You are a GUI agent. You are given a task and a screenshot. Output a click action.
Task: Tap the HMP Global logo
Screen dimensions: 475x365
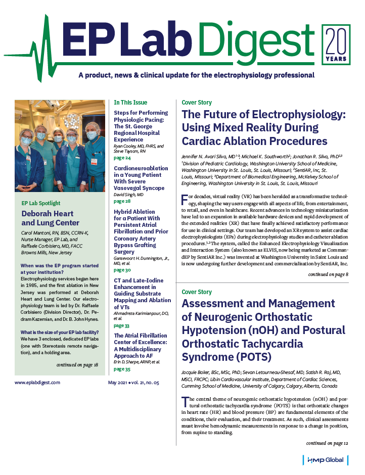326,460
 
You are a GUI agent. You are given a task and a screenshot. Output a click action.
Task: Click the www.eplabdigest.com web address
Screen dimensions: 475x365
37,383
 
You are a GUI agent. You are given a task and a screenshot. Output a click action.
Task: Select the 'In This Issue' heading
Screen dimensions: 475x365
130,102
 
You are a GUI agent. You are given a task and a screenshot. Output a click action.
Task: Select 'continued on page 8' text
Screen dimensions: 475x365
328,274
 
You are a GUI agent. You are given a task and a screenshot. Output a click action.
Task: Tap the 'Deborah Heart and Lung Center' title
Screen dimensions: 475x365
51,218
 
